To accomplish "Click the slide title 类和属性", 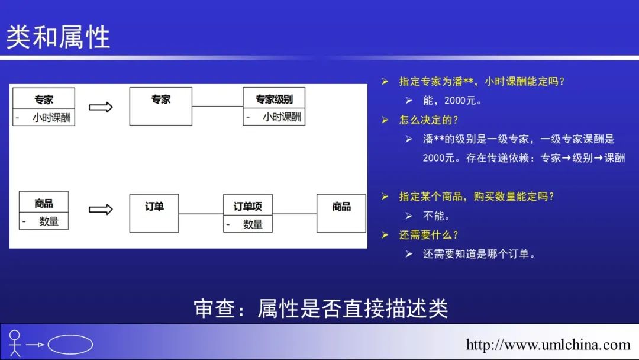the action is [58, 37].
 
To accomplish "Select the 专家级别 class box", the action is [274, 106].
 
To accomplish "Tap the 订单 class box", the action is [154, 213].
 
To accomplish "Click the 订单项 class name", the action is [248, 206].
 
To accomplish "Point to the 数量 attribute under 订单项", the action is [253, 224].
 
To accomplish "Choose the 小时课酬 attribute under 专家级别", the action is [282, 117].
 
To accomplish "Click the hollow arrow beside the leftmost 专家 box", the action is [101, 107].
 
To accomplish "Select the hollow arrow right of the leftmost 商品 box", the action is [101, 210].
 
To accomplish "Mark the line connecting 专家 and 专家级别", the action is [217, 107].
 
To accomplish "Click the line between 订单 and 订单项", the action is [201, 214].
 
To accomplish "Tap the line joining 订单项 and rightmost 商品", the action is [295, 214].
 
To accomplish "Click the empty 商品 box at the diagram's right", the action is [341, 213].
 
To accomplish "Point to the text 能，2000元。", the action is [453, 100].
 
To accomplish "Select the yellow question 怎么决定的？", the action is [429, 120].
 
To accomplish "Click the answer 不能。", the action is [437, 216].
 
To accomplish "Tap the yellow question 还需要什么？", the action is [429, 235].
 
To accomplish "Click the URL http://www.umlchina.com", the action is [548, 345].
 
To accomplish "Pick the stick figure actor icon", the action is [15, 343].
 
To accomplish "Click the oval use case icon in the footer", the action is [70, 345].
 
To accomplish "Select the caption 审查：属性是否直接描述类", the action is [321, 308].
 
